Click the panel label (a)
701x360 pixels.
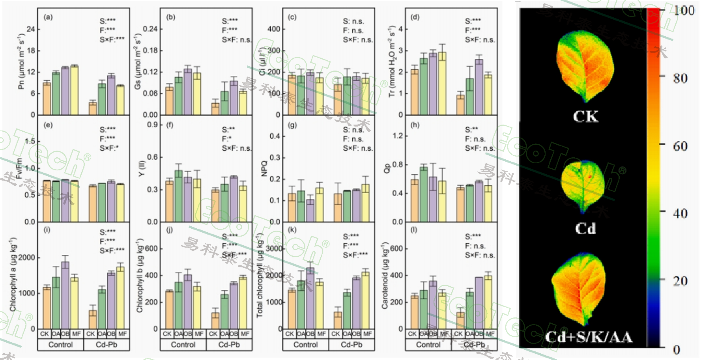[x=48, y=17]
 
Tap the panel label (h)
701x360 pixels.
[x=415, y=125]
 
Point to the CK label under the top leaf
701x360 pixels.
[x=585, y=116]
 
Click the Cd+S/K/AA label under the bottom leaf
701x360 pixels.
[x=589, y=337]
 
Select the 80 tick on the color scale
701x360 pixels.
[x=680, y=78]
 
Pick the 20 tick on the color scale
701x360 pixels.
[x=680, y=281]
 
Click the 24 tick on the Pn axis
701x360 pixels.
[x=31, y=29]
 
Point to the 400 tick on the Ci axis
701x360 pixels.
[x=274, y=29]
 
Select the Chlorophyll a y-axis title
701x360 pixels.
[x=13, y=274]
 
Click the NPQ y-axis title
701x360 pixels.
[x=264, y=169]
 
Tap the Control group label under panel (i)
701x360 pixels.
[x=60, y=345]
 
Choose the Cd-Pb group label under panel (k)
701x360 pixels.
[x=351, y=345]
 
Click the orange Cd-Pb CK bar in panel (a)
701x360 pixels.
[x=93, y=108]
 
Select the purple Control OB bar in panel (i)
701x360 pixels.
[x=65, y=296]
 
